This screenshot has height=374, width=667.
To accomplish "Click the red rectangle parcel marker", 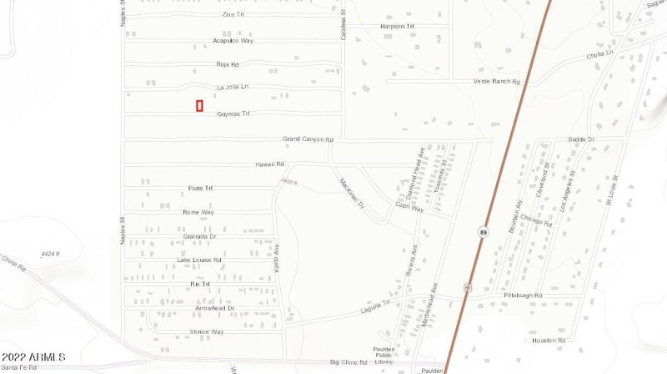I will click(x=200, y=106).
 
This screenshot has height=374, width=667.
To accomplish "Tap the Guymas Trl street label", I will click(x=233, y=114).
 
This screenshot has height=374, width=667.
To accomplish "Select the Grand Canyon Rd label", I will click(x=308, y=139).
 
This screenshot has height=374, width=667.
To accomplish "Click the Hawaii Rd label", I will click(x=269, y=164).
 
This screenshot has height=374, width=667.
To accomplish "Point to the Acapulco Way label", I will click(x=233, y=40).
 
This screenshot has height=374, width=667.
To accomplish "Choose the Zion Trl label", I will click(x=233, y=15).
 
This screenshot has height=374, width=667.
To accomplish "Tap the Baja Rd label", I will click(x=228, y=64).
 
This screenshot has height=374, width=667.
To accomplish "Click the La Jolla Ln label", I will click(x=233, y=87).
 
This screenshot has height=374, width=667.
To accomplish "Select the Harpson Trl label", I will click(x=397, y=27).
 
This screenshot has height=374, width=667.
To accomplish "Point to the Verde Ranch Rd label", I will click(x=496, y=82).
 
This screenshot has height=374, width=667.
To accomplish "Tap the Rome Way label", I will click(x=198, y=213).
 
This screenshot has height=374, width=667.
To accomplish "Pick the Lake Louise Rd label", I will click(x=199, y=260).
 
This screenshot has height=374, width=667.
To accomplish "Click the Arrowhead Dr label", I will click(x=214, y=308).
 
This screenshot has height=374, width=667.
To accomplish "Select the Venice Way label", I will click(x=207, y=332).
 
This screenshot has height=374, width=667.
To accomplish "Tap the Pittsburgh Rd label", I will click(x=523, y=296).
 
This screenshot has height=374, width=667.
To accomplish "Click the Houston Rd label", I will click(x=549, y=341).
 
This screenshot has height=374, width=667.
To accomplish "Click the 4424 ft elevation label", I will click(x=52, y=254).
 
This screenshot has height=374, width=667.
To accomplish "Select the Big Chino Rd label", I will click(x=349, y=362).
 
